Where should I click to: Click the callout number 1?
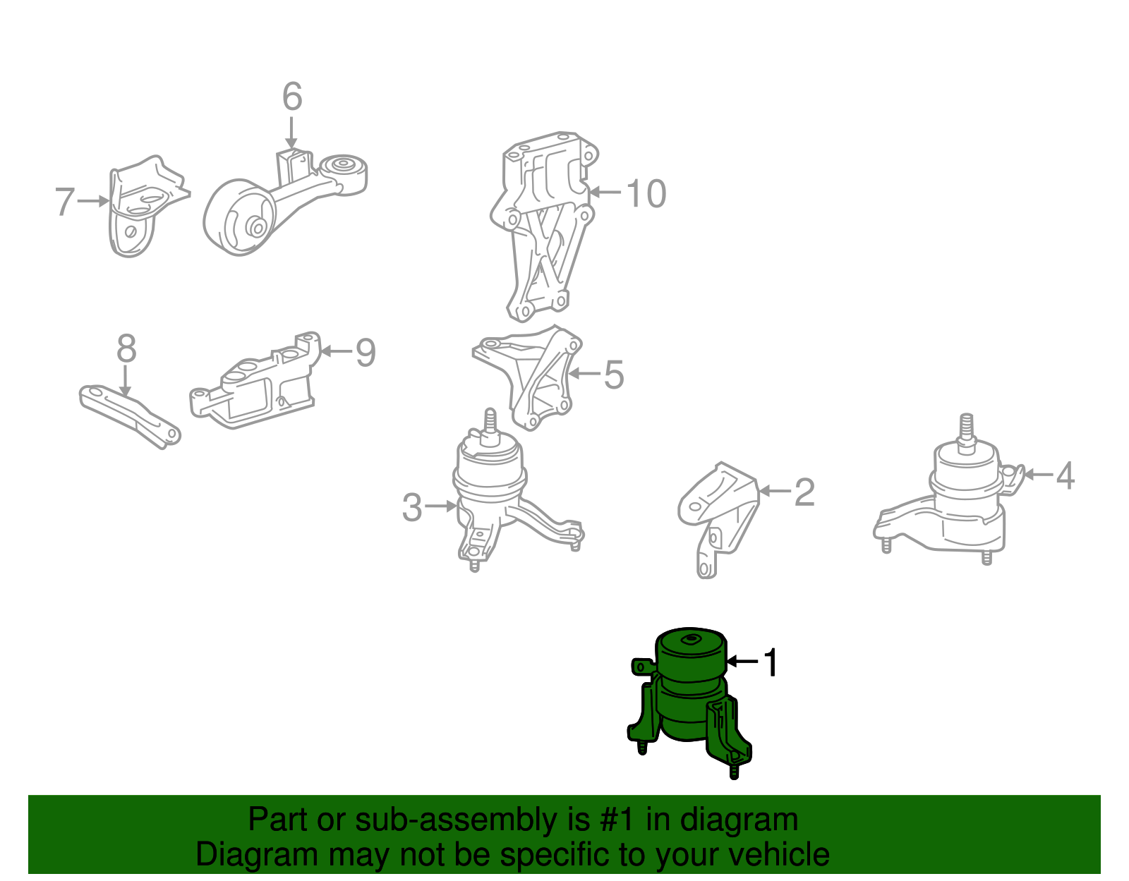(x=771, y=662)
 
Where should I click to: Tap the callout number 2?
(x=804, y=492)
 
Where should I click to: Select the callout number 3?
(x=412, y=507)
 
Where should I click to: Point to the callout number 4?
(x=1065, y=475)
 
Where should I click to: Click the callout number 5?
(x=613, y=375)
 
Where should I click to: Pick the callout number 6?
(x=292, y=97)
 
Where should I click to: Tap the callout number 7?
(x=64, y=202)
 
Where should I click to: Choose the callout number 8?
(x=126, y=348)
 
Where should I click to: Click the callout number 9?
(x=365, y=352)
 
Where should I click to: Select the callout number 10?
(x=646, y=193)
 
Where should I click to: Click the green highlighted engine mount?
(x=690, y=698)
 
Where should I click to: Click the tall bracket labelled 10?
(x=543, y=226)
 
